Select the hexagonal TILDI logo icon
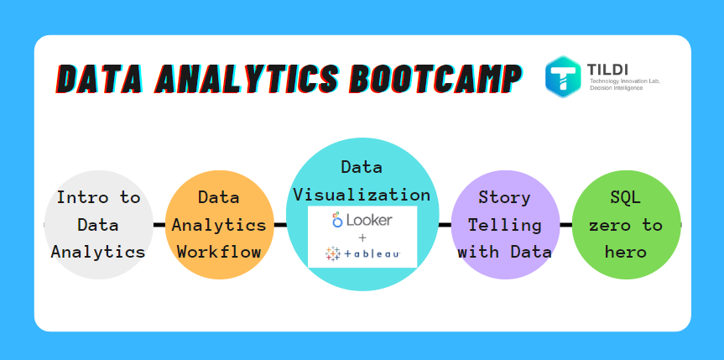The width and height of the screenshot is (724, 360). [563, 76]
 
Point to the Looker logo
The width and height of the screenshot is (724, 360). [362, 220]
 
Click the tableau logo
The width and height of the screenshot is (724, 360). [362, 253]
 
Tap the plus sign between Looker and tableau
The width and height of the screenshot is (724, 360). [362, 237]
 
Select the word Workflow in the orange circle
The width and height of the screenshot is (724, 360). [219, 251]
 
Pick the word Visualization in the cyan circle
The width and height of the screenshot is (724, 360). [362, 195]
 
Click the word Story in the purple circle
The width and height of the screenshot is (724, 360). [504, 198]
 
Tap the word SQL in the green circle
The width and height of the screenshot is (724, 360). [626, 198]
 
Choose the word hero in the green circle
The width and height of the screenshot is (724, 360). [626, 251]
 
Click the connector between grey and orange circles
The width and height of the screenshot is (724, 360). [159, 225]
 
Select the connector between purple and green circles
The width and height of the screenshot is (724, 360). [566, 225]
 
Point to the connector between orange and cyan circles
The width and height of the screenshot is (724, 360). [280, 225]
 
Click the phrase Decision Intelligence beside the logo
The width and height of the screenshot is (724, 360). [617, 88]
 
